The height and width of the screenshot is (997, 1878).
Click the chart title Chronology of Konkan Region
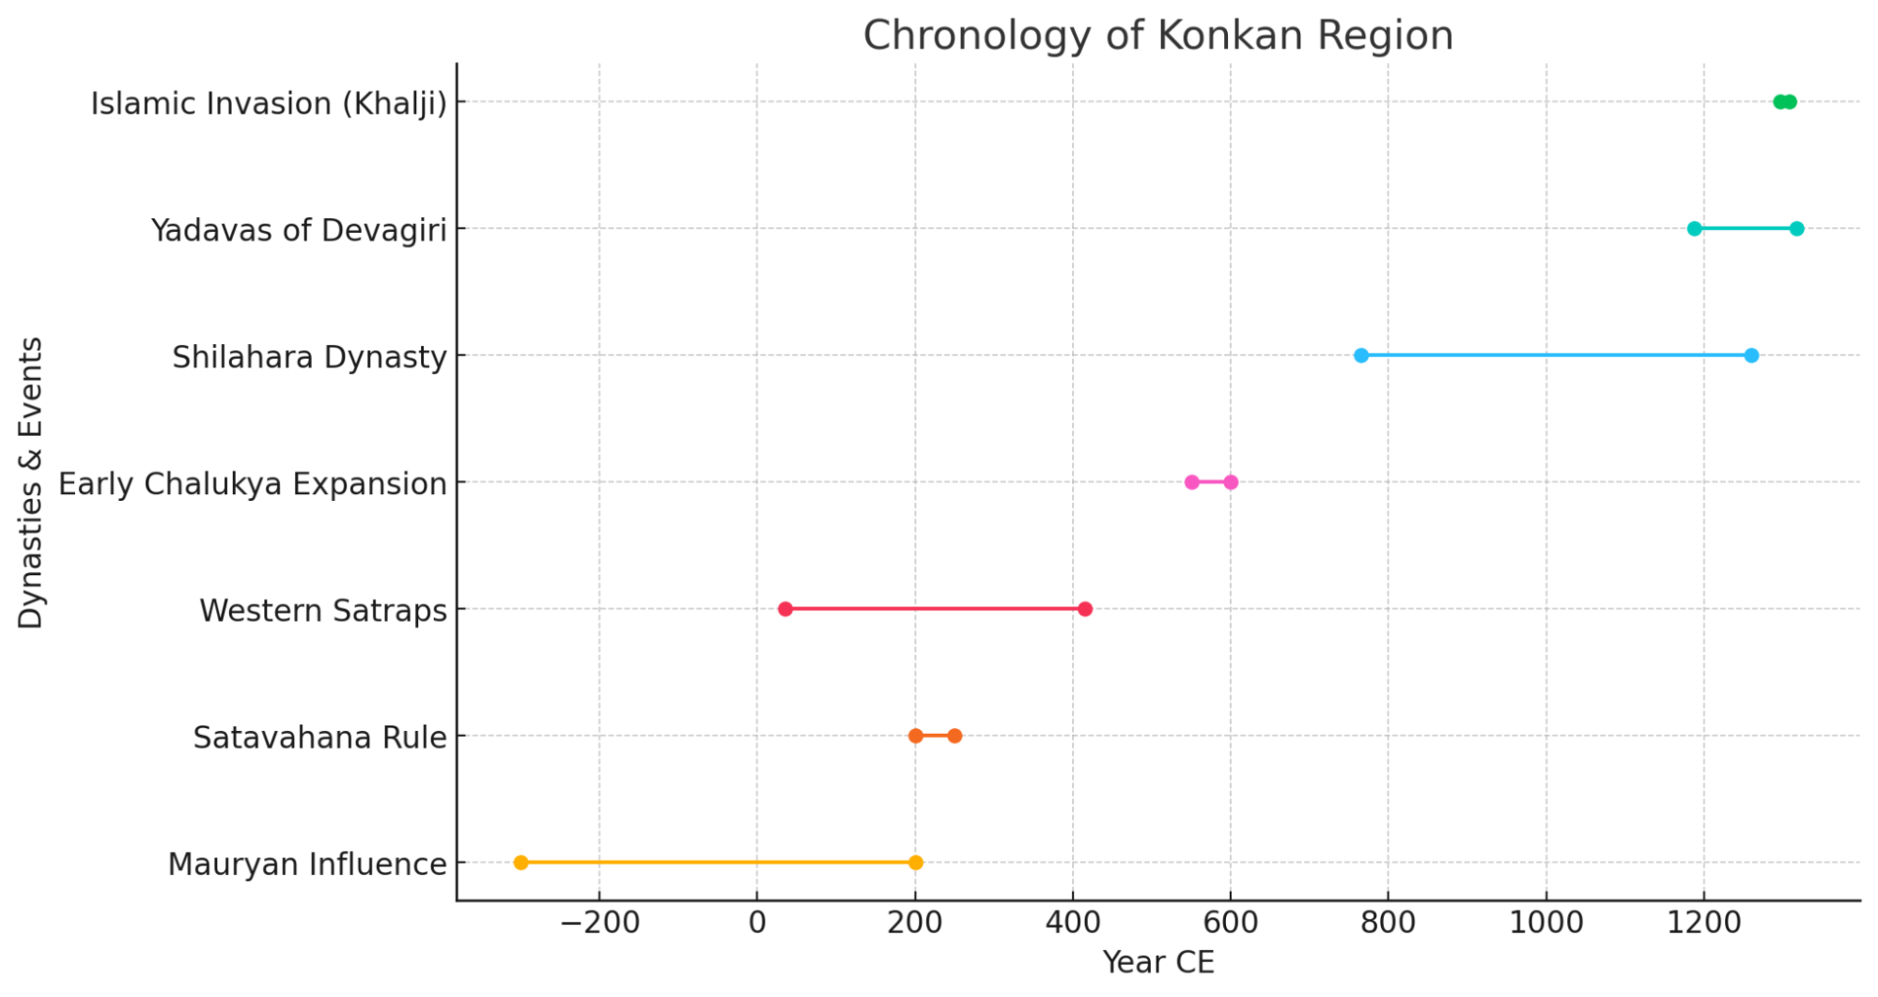[x=1157, y=36]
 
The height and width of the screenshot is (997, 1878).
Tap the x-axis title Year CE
[x=1157, y=962]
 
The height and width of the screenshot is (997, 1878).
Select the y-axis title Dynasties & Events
[x=31, y=482]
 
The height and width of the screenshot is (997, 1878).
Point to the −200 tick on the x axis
[x=599, y=923]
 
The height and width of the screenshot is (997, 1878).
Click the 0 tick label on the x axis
[x=757, y=923]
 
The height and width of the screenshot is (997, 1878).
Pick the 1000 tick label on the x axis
[x=1545, y=923]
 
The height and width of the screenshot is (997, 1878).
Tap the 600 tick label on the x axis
[x=1230, y=923]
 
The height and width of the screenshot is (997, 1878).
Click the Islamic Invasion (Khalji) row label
[x=269, y=102]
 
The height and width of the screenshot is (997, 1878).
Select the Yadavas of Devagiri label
[x=299, y=229]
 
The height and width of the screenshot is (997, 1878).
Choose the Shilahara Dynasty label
[x=309, y=356]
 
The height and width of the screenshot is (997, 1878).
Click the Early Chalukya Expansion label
[x=253, y=483]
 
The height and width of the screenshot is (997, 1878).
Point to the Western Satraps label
[x=323, y=610]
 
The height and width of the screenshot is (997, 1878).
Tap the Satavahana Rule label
[x=319, y=737]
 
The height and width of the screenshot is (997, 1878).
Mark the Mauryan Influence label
[x=307, y=864]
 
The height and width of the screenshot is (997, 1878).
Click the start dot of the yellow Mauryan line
[x=521, y=863]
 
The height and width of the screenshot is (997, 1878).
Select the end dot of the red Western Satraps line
[x=1085, y=609]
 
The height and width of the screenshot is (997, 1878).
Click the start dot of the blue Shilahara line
[x=1361, y=355]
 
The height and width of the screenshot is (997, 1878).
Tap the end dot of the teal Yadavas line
[x=1796, y=228]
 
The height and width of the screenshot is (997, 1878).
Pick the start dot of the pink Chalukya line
[x=1191, y=482]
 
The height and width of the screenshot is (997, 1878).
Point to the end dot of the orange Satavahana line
[x=955, y=736]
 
